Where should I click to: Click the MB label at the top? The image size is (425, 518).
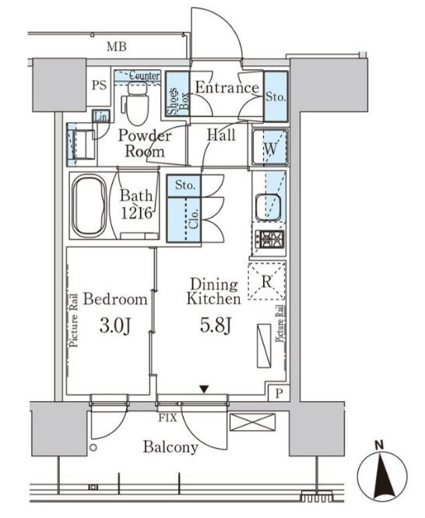tap(117, 47)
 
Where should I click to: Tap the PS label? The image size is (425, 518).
tap(100, 85)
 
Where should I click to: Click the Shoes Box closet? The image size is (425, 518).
tap(177, 93)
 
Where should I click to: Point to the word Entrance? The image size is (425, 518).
tap(227, 87)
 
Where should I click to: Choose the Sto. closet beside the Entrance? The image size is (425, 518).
tap(276, 96)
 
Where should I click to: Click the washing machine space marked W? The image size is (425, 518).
tap(270, 147)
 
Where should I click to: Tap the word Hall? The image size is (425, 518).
tap(221, 135)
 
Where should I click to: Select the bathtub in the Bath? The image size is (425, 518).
tap(90, 206)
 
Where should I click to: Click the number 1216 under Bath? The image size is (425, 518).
tap(137, 213)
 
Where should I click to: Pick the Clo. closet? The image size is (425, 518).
tap(184, 220)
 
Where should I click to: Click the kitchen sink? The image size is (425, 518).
tap(268, 207)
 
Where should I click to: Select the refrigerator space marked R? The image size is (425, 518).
tap(266, 281)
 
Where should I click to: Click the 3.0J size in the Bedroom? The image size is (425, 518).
tap(114, 326)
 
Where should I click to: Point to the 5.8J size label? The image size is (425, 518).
tap(216, 326)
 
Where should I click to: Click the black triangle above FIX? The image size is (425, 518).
tap(205, 389)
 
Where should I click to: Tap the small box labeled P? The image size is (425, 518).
tap(279, 393)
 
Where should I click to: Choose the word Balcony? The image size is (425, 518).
tap(170, 448)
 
